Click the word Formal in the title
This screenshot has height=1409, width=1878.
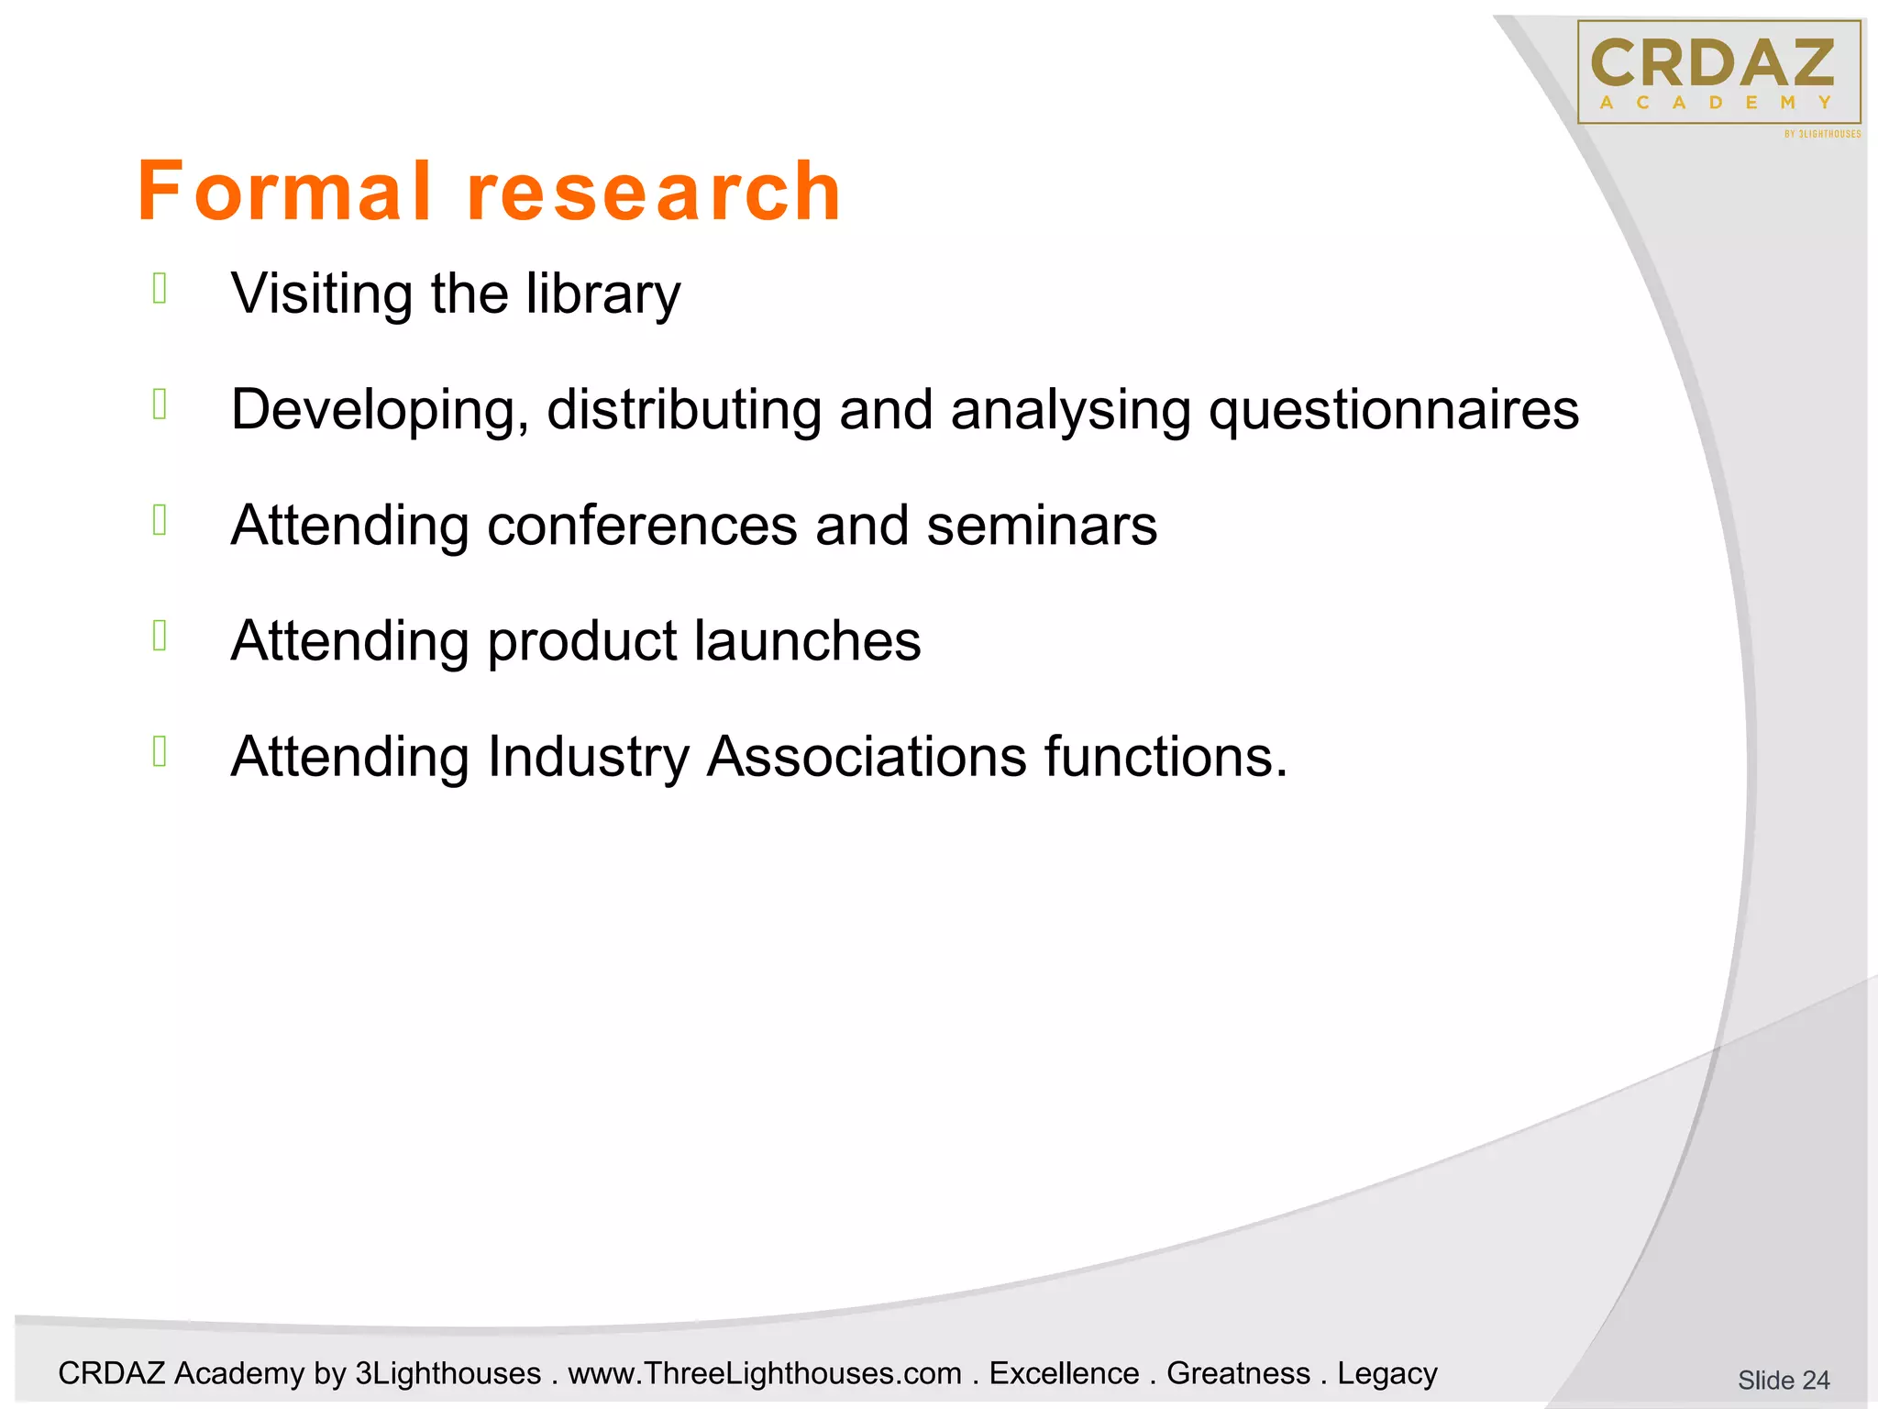tap(284, 192)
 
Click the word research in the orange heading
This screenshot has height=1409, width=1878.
tap(654, 192)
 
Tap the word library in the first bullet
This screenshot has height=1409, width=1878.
tap(602, 294)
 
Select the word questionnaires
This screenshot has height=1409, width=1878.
tap(1394, 410)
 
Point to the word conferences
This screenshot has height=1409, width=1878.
tap(642, 526)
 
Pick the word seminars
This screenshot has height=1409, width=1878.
tap(1042, 526)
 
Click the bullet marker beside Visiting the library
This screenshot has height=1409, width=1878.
tap(160, 288)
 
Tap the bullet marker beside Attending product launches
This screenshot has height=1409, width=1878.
tap(160, 635)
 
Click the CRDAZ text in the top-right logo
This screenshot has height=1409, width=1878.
tap(1713, 63)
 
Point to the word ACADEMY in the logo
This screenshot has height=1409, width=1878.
tap(1715, 103)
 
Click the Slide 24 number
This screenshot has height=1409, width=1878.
tap(1783, 1380)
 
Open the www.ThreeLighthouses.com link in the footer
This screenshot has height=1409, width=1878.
tap(765, 1373)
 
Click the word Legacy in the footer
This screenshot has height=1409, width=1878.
tap(1386, 1373)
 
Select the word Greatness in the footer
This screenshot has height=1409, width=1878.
tap(1238, 1373)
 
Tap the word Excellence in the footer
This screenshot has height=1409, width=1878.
tap(1064, 1373)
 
